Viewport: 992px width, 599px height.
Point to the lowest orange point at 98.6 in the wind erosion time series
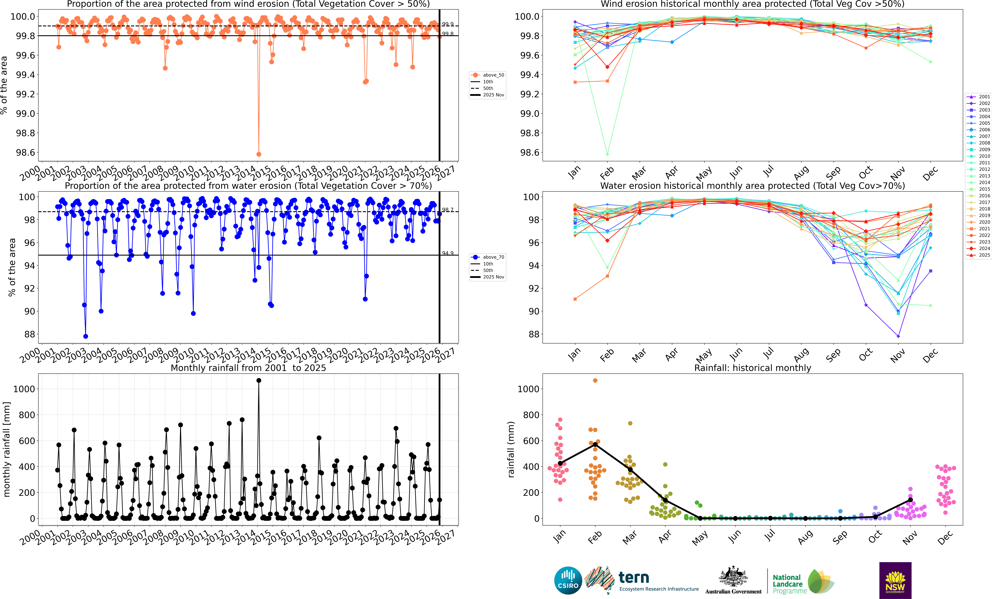coord(259,154)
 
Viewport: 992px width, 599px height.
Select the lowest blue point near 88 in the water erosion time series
coord(85,336)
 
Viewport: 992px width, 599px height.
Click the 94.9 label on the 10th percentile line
coord(448,253)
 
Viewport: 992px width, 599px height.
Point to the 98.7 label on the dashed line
coord(448,210)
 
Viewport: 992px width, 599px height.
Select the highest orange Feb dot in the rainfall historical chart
coord(595,380)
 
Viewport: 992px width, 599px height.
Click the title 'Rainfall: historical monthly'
coord(752,368)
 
